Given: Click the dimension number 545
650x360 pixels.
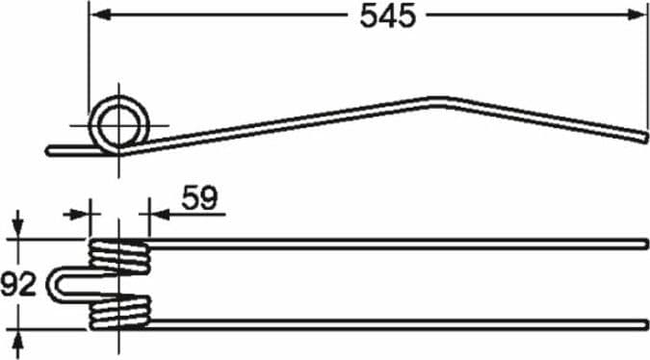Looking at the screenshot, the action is click(388, 16).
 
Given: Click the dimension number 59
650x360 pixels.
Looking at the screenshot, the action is click(199, 198).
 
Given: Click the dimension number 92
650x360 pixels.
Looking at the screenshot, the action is click(18, 285).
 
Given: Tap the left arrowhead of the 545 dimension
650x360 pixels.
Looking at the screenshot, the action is click(100, 15).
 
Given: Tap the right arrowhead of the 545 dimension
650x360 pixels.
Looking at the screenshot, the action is click(637, 15).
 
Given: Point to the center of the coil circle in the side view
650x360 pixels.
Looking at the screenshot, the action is click(119, 125).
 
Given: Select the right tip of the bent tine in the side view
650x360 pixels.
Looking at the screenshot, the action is click(644, 137).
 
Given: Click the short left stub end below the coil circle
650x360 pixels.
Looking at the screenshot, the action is click(48, 151).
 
